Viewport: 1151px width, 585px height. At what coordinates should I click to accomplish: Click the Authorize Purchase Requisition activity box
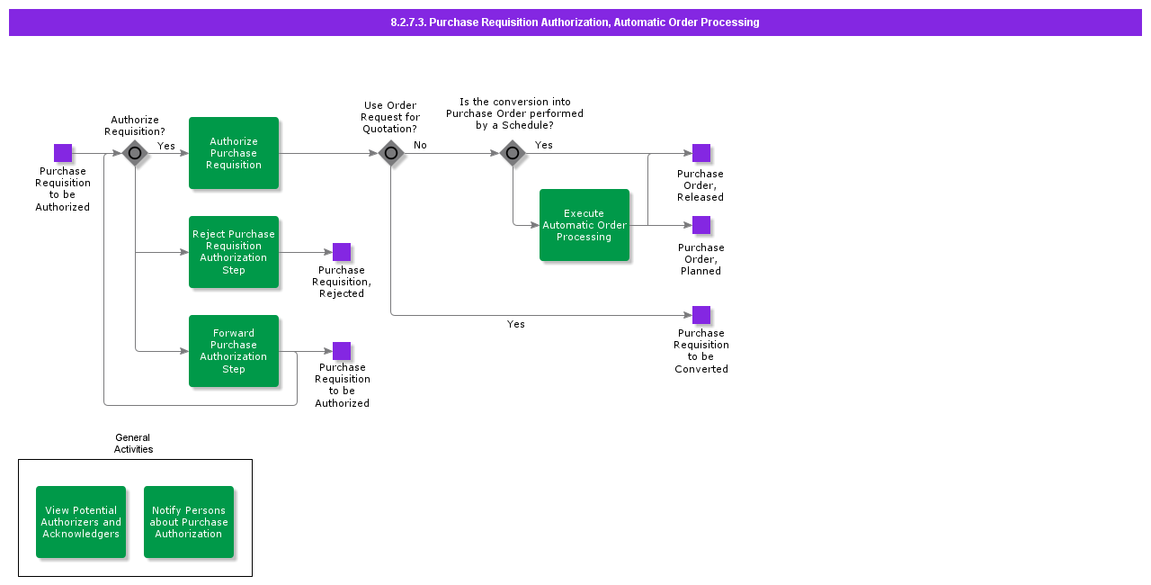[x=234, y=153]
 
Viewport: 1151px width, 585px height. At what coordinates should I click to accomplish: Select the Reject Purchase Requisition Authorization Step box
[x=234, y=252]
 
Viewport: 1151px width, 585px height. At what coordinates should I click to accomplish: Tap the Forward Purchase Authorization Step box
[x=234, y=351]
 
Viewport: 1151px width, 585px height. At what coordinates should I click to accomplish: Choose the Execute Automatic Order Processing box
[x=584, y=225]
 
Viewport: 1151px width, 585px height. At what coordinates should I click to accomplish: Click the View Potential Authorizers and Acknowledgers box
[x=81, y=522]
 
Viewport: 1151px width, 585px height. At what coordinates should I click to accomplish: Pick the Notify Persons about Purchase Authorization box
[x=189, y=522]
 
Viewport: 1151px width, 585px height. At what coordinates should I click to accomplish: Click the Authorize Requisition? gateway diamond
[x=135, y=153]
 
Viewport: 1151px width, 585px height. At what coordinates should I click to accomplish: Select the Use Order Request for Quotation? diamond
[x=390, y=153]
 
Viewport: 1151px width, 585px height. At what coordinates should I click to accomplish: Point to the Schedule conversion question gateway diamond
[x=513, y=153]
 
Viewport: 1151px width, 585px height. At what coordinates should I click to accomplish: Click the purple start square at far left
[x=63, y=153]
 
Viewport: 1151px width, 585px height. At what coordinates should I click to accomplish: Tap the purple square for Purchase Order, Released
[x=701, y=153]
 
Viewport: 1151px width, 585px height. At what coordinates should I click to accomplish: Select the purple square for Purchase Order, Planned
[x=701, y=225]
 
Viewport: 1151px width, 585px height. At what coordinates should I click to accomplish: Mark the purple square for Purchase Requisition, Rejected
[x=342, y=252]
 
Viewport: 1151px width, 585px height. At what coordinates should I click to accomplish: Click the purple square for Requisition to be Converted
[x=701, y=315]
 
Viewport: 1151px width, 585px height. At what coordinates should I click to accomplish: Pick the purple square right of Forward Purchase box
[x=342, y=351]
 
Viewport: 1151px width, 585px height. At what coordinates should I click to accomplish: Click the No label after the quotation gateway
[x=420, y=145]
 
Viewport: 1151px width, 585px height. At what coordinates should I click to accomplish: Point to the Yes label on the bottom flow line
[x=516, y=324]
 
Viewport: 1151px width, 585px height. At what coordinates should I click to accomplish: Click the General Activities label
[x=133, y=444]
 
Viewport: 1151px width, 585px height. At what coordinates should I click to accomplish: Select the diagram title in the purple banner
[x=575, y=22]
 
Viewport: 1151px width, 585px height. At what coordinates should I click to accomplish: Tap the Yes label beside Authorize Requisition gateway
[x=166, y=145]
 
